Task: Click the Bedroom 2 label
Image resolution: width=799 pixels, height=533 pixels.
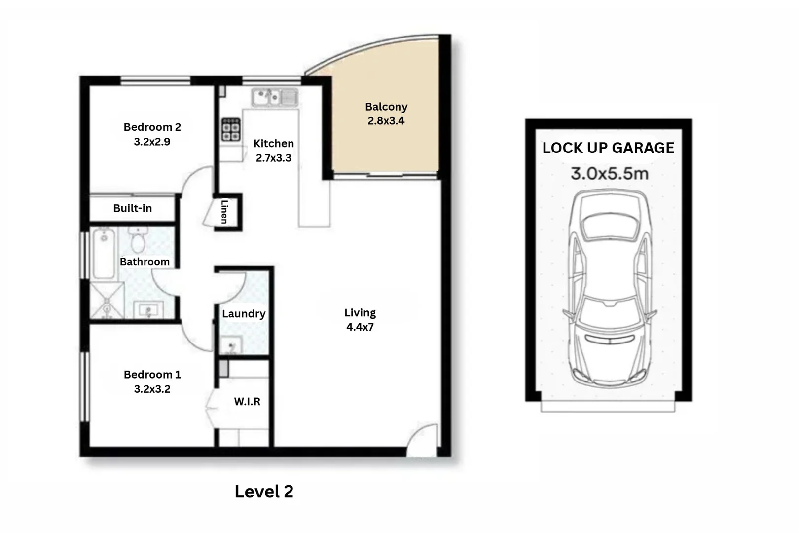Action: pos(152,127)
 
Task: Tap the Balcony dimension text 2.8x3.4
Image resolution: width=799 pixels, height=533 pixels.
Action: pos(386,121)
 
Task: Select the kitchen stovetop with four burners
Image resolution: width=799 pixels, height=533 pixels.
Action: pos(230,129)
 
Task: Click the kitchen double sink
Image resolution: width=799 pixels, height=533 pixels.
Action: pos(274,97)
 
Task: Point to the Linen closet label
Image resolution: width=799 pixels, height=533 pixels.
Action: pos(225,211)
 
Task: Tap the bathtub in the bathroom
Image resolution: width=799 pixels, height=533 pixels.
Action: pos(104,253)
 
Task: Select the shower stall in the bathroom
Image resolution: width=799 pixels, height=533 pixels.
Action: pos(107,300)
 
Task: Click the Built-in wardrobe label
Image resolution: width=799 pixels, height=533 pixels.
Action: pos(132,208)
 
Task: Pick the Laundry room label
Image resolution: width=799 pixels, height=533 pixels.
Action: pos(244,314)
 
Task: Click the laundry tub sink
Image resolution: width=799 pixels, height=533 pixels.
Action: pos(231,345)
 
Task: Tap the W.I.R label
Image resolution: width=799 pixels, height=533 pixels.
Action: pos(247,402)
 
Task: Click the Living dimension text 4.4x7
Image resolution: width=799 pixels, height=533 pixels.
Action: pos(360,327)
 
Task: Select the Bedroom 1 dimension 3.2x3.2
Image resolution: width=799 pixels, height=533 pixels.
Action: pos(152,389)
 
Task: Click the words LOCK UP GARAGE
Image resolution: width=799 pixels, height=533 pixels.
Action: pos(608,148)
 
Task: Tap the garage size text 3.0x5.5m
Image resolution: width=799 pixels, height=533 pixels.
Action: pos(609,174)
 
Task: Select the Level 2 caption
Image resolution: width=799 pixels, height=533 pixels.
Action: pos(264,491)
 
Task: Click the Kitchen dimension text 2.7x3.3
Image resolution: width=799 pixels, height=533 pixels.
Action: pos(273,158)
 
